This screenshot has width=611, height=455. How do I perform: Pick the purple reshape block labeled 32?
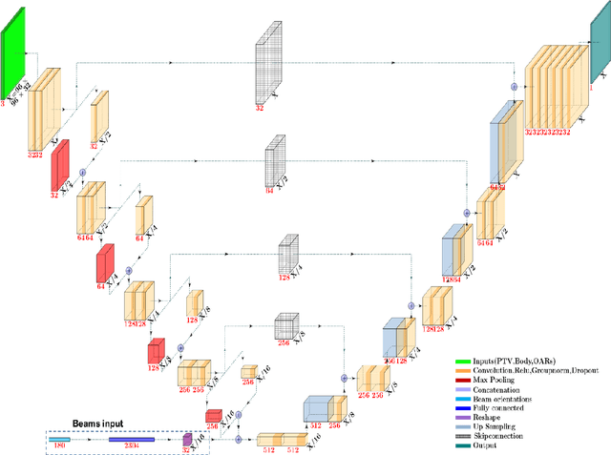[x=187, y=439]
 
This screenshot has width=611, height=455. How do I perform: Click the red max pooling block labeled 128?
[x=156, y=352]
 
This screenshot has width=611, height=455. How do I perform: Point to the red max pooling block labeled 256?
[x=213, y=416]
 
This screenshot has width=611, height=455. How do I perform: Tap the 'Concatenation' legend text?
[x=492, y=388]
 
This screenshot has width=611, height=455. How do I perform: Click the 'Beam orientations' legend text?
[x=496, y=398]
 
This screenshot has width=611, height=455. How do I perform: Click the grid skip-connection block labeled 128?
[x=289, y=256]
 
